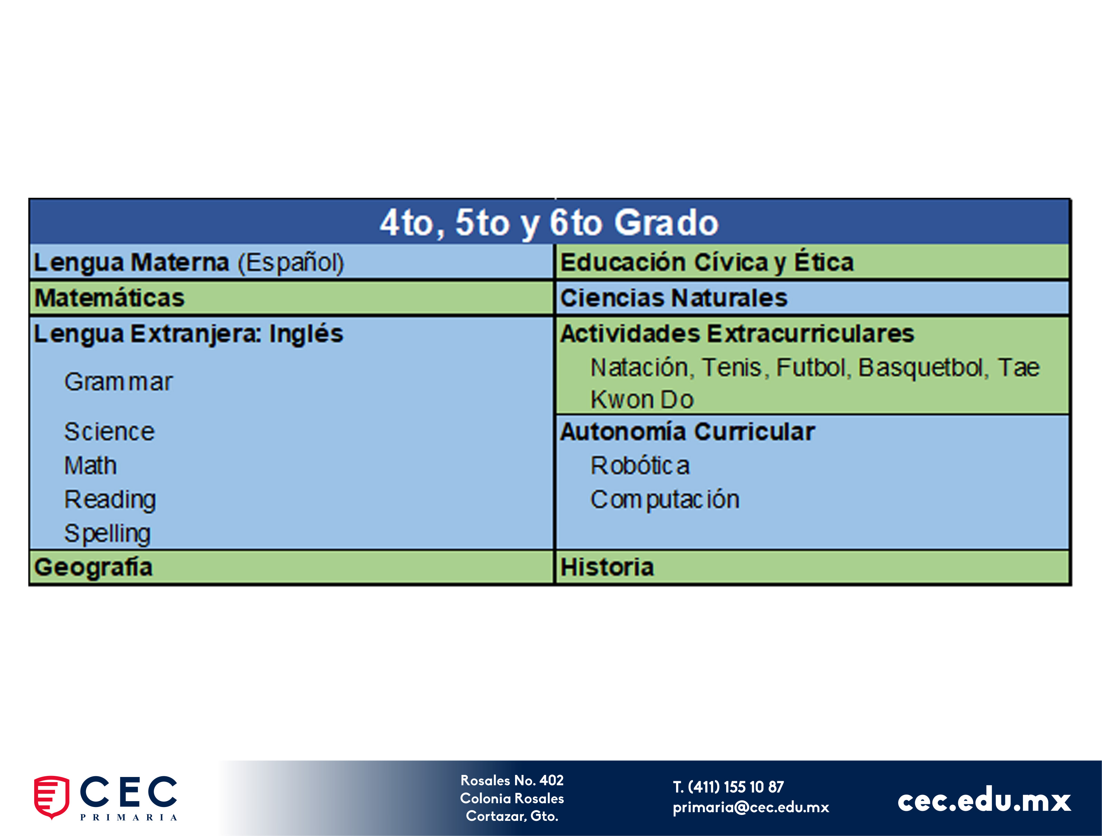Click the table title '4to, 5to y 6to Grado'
coord(549,223)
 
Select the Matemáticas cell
coord(292,298)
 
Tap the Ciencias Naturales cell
coord(813,298)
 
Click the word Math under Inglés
coord(91,466)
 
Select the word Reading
coord(111,500)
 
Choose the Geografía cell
coord(292,567)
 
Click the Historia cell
coord(813,567)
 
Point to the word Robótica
coord(640,466)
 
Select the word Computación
coord(665,500)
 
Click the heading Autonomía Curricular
coord(687,432)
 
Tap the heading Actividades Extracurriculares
coord(737,333)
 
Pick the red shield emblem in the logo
coord(51,797)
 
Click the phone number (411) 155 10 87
coord(736,787)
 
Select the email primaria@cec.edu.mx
coord(751,807)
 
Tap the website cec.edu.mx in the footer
coord(984,800)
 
